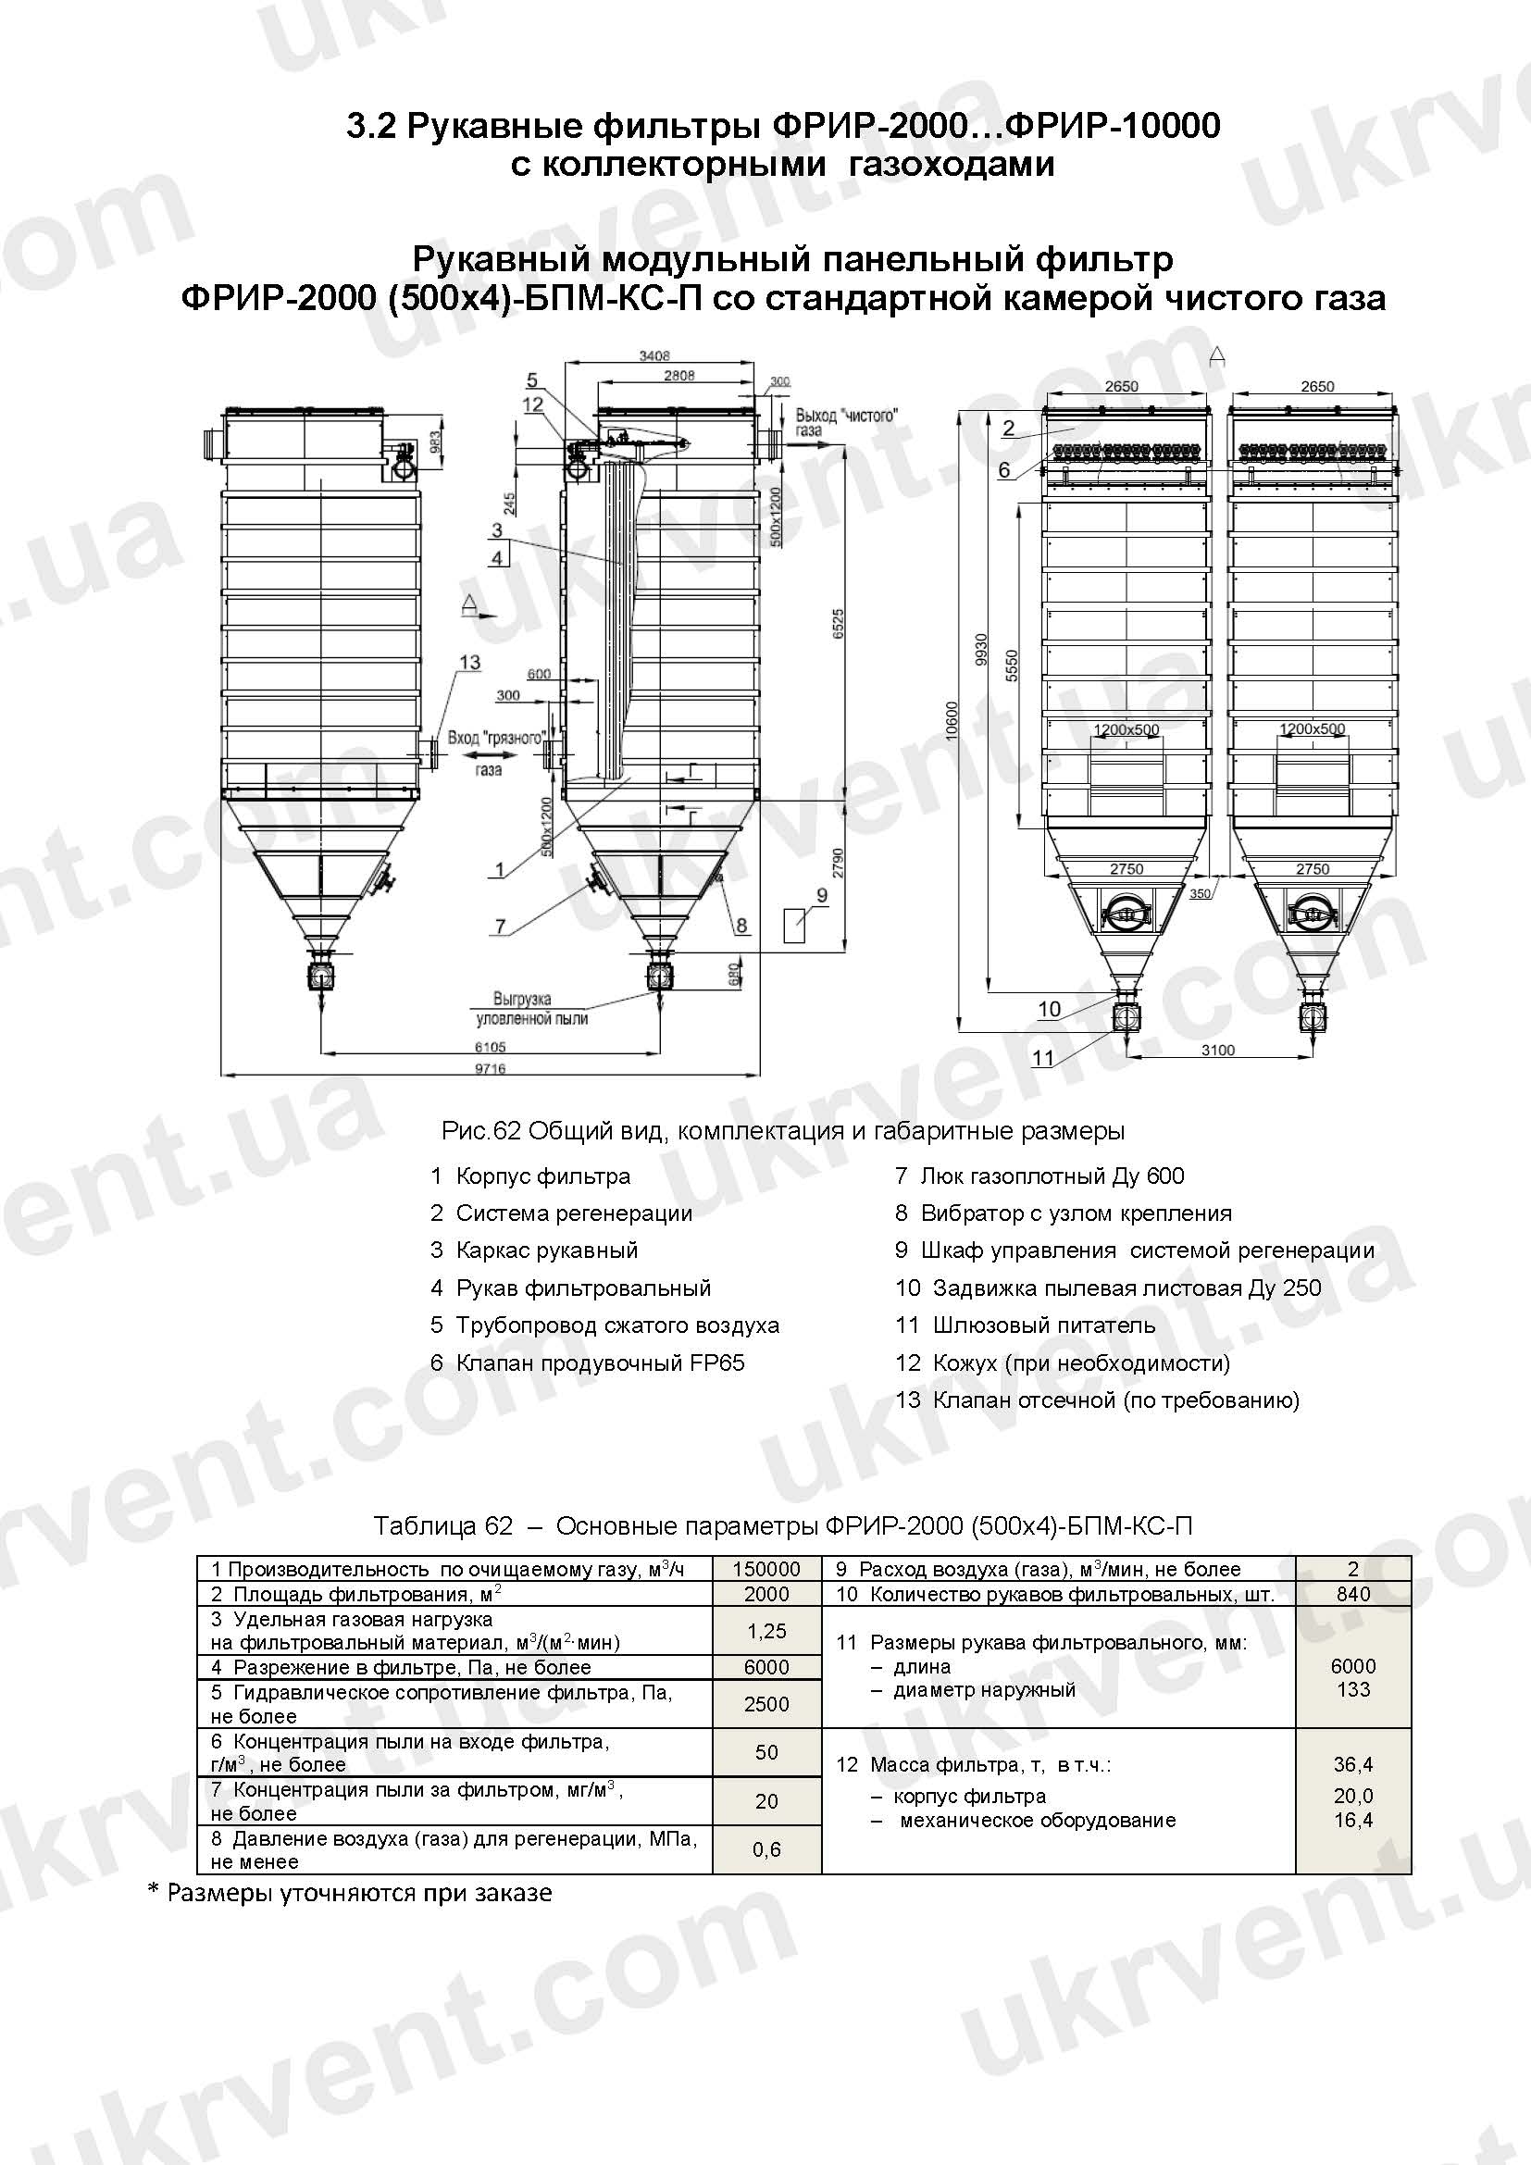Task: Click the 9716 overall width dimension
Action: (x=491, y=1068)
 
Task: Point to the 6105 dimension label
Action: (x=491, y=1047)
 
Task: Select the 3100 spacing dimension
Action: (x=1218, y=1051)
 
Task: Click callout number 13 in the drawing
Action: (x=468, y=663)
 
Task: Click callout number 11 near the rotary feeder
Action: (x=1042, y=1058)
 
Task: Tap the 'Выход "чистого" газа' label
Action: (x=846, y=421)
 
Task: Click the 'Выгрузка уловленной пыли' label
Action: (x=531, y=1008)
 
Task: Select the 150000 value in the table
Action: (x=766, y=1569)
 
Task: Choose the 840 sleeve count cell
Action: (x=1353, y=1594)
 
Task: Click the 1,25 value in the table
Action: (x=766, y=1631)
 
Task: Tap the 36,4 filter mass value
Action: (x=1353, y=1764)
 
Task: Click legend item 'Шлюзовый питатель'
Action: (x=1042, y=1325)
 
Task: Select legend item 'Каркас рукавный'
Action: (x=547, y=1250)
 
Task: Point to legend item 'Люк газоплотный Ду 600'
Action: (x=1052, y=1176)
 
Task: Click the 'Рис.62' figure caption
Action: (x=781, y=1130)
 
